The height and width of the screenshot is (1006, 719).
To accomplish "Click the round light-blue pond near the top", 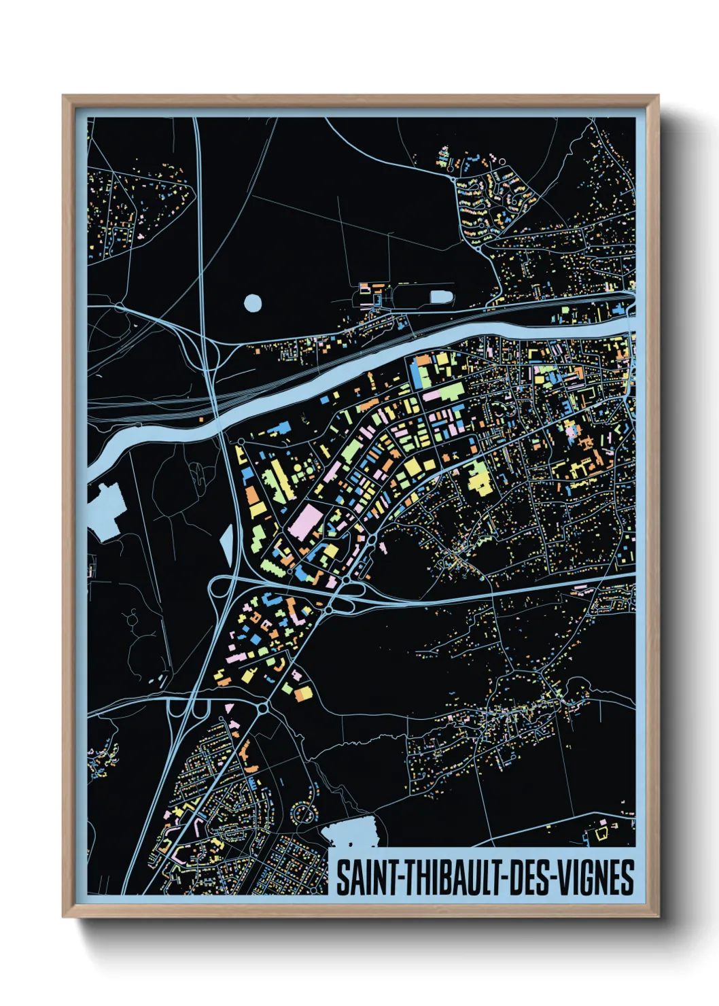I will [x=252, y=302].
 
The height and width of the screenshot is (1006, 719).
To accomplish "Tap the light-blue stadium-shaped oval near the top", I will [x=442, y=297].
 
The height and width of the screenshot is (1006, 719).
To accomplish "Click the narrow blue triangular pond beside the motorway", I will [x=227, y=544].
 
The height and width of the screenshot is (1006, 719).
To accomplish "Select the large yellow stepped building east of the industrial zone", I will [x=478, y=476].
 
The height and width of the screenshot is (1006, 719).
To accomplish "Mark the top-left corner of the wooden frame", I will [x=64, y=97].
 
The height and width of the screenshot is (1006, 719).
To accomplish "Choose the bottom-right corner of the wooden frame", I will [x=658, y=916].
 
